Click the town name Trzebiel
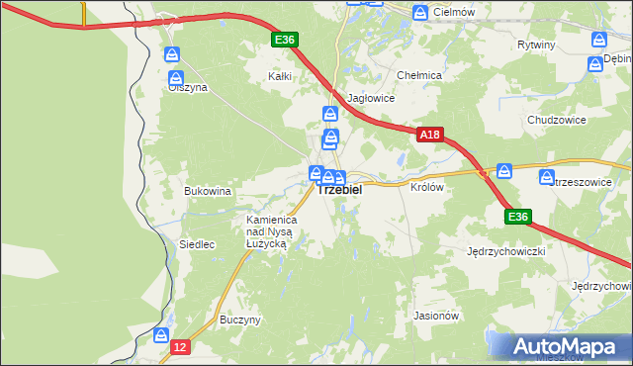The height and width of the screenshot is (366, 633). [340, 189]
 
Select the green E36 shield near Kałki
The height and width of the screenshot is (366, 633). [285, 39]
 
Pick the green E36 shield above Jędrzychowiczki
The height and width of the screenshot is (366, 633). [518, 217]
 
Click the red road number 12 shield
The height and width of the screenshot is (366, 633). [179, 347]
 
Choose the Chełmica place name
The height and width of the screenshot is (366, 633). [418, 75]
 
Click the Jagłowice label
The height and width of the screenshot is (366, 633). [373, 98]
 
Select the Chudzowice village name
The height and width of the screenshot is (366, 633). [557, 120]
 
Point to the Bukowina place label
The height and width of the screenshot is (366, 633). [208, 190]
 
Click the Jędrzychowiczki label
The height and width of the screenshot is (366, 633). [506, 251]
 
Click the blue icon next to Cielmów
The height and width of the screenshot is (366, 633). [421, 12]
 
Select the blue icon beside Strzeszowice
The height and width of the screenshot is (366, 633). [547, 177]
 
